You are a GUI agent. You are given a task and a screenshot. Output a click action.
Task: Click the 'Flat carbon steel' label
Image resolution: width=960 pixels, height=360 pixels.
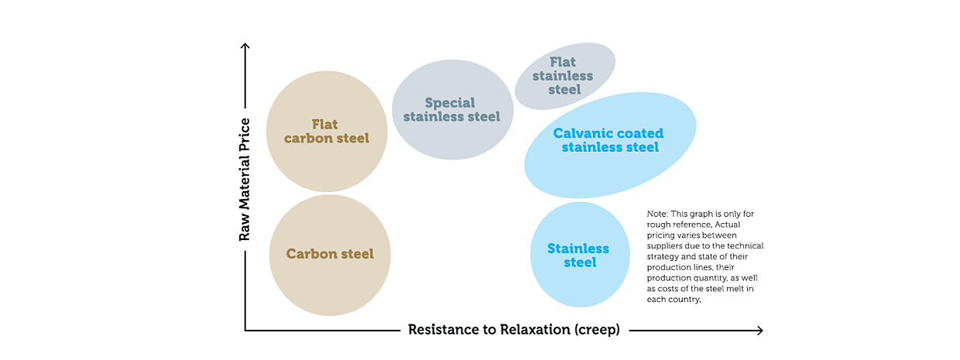326,131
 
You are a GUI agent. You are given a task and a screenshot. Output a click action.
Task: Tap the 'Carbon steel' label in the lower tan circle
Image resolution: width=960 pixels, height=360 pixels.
330,254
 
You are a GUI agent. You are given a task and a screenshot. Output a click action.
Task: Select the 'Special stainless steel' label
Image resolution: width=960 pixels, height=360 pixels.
451,109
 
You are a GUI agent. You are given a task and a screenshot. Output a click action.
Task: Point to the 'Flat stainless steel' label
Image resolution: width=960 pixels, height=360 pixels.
564,75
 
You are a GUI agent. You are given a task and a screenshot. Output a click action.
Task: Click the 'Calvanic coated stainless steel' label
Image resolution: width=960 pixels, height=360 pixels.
609,140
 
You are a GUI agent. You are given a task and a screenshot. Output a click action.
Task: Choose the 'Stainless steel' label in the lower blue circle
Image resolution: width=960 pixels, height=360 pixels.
578,255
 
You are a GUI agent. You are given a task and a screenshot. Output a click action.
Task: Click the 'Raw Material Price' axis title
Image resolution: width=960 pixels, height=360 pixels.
245,179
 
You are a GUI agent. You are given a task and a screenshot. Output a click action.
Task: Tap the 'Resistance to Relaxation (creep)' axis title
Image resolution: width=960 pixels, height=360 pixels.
514,330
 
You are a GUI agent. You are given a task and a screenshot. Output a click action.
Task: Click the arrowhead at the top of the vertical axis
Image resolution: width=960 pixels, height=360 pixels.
245,47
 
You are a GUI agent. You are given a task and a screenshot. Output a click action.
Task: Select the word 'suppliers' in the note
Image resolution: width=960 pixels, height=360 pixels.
665,245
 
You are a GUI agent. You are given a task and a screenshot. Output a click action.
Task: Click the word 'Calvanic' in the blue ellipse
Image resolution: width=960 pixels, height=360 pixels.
580,133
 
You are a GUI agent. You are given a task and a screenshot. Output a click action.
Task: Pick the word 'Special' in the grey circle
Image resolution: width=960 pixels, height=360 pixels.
450,102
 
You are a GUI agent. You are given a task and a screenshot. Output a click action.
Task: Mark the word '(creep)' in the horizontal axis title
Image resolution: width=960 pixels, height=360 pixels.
597,330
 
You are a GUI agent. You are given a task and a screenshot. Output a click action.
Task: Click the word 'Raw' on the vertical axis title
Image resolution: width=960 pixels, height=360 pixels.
245,228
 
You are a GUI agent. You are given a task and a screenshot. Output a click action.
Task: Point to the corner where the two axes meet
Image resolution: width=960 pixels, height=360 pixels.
245,331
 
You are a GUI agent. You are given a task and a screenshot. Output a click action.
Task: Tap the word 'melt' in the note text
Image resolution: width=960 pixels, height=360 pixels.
732,289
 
